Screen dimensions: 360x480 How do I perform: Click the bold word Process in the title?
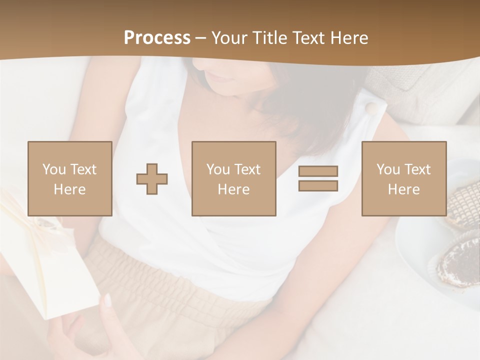coord(157,38)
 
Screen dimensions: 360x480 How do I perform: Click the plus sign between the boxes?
coord(152,179)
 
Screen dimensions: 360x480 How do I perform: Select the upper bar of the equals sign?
coord(318,171)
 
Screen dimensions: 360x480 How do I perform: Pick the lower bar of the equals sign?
coord(318,185)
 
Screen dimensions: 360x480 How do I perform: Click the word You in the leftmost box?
coord(53,169)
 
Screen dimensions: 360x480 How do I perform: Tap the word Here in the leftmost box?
coord(69,189)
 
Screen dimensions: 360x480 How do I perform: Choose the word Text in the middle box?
coord(246,169)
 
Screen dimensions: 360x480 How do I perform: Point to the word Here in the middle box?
coord(233,189)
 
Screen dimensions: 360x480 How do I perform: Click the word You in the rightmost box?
coord(388,169)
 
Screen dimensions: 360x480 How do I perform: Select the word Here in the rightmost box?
coord(403,189)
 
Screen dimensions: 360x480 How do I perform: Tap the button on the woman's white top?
coord(370,108)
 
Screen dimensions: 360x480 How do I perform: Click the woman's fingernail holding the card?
coord(107,300)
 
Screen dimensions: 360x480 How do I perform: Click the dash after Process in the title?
coord(201,38)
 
